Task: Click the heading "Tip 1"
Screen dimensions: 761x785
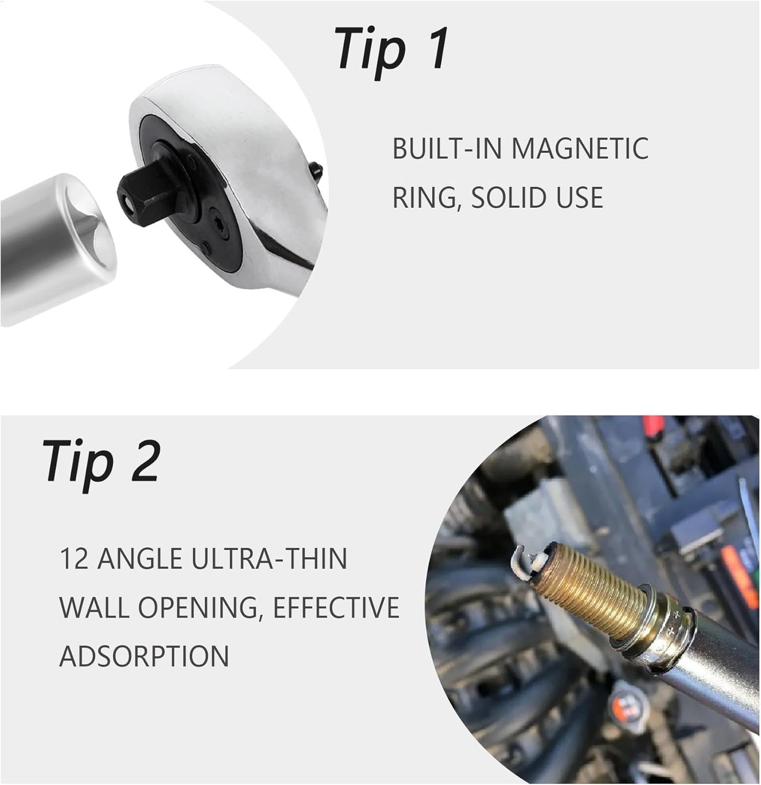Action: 391,52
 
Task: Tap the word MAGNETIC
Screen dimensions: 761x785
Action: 580,149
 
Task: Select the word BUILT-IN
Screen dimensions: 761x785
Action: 447,149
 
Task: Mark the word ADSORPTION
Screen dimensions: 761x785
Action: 144,656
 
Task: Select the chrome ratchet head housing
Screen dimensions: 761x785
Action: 238,169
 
